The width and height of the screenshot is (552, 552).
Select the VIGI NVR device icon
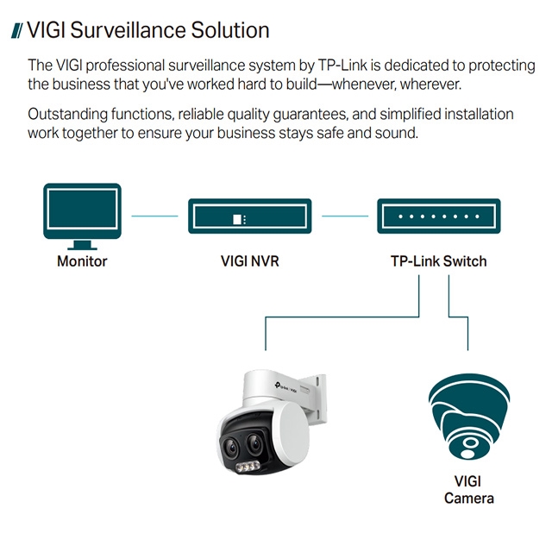tap(249, 216)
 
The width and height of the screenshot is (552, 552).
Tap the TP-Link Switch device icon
tap(437, 216)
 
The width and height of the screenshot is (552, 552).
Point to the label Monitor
tap(82, 260)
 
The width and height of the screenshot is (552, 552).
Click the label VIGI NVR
tap(249, 260)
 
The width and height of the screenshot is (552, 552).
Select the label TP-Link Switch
tap(438, 260)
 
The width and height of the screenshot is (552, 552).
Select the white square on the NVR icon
tap(238, 219)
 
